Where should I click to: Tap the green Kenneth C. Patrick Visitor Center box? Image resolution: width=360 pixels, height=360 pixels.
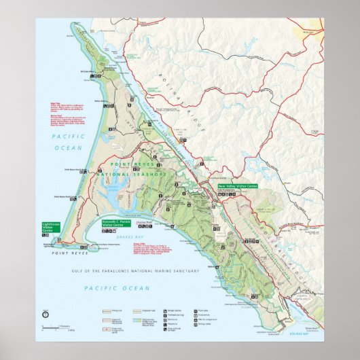coord(115,223)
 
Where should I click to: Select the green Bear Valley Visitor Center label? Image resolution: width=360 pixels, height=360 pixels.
coord(238,185)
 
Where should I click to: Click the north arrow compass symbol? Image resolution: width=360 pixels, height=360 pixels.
coord(45,314)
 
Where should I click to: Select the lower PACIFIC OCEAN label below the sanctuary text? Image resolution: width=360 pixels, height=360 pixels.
coord(107,289)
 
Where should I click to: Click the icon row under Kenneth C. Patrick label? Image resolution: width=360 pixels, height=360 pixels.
coord(109,231)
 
